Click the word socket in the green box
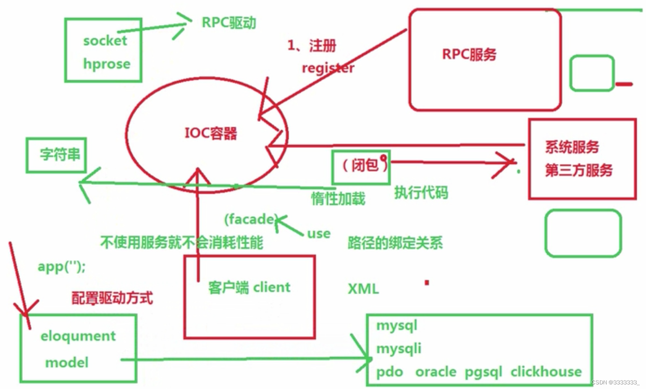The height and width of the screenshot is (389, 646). pyautogui.click(x=105, y=41)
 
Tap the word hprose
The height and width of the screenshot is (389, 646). pyautogui.click(x=107, y=64)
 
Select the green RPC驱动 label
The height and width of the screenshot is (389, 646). pyautogui.click(x=228, y=22)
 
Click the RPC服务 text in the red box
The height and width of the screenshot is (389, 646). pyautogui.click(x=469, y=54)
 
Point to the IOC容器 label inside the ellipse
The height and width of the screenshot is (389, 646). pyautogui.click(x=211, y=133)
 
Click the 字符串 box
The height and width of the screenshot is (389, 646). pyautogui.click(x=56, y=155)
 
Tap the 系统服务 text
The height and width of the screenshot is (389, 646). pyautogui.click(x=572, y=147)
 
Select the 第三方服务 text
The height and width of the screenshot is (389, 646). pyautogui.click(x=578, y=170)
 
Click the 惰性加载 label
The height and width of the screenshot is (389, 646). pyautogui.click(x=338, y=199)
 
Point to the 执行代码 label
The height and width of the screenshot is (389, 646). pyautogui.click(x=421, y=192)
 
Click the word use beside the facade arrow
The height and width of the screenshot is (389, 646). pyautogui.click(x=319, y=234)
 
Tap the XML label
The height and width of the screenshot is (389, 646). pyautogui.click(x=363, y=289)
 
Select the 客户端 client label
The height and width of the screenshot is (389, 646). pyautogui.click(x=249, y=287)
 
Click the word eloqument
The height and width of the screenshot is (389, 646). pyautogui.click(x=78, y=336)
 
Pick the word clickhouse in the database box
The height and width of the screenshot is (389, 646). pyautogui.click(x=546, y=372)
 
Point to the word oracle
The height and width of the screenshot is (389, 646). pyautogui.click(x=436, y=372)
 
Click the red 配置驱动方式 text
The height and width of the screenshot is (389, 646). pyautogui.click(x=112, y=298)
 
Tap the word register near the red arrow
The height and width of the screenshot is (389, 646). pyautogui.click(x=328, y=68)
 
